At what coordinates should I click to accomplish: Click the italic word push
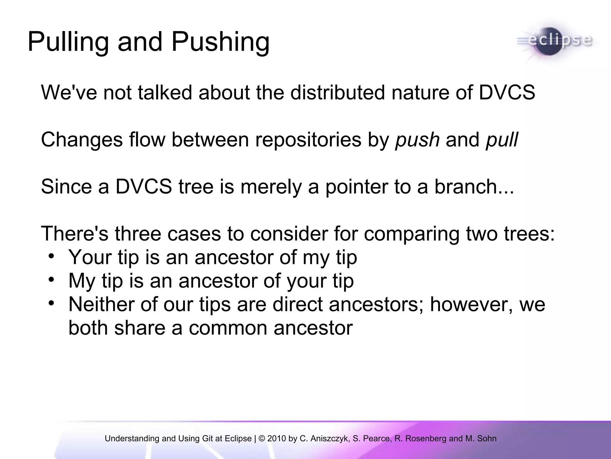coord(417,140)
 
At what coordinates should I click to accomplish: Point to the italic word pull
coord(502,140)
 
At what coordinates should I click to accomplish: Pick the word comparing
coord(411,234)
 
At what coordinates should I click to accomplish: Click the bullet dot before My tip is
coord(51,280)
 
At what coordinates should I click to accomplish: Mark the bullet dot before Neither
coord(51,303)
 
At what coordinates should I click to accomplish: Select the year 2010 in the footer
coord(277,438)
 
